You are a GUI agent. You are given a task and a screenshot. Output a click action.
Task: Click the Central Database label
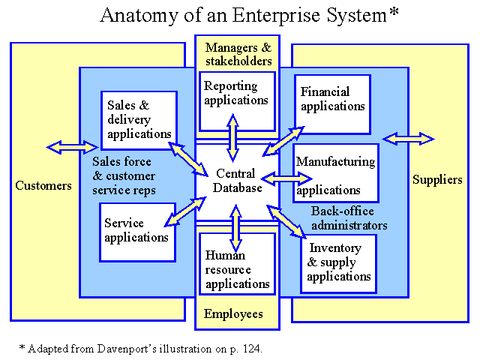pyautogui.click(x=237, y=181)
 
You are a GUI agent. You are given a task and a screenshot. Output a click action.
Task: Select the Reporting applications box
pyautogui.click(x=237, y=102)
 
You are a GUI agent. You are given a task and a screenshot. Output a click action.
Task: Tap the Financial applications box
pyautogui.click(x=333, y=104)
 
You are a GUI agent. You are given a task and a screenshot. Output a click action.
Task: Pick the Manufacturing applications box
pyautogui.click(x=336, y=173)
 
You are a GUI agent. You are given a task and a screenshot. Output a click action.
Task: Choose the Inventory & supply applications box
pyautogui.click(x=338, y=264)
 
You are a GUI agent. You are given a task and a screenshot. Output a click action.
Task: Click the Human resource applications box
pyautogui.click(x=237, y=264)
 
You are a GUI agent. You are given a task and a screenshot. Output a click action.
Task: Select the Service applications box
pyautogui.click(x=138, y=232)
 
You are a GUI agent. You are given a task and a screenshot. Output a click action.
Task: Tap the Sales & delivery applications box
pyautogui.click(x=139, y=120)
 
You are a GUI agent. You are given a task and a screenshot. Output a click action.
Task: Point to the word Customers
pyautogui.click(x=43, y=185)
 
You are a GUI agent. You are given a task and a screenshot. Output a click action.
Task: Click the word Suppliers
pyautogui.click(x=437, y=180)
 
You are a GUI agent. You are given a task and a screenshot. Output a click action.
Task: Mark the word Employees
pyautogui.click(x=233, y=314)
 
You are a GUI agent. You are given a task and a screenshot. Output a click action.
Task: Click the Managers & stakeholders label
pyautogui.click(x=238, y=54)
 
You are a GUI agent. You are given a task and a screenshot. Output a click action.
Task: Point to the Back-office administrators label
pyautogui.click(x=349, y=218)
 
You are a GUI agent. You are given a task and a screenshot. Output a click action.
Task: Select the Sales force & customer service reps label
pyautogui.click(x=124, y=175)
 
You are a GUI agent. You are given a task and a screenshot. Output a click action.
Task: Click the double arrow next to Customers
pyautogui.click(x=72, y=147)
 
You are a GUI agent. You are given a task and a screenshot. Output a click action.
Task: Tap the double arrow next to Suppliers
pyautogui.click(x=408, y=139)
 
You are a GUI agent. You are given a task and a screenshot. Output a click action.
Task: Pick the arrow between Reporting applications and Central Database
pyautogui.click(x=233, y=138)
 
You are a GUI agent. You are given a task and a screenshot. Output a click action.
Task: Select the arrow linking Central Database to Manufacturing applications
pyautogui.click(x=286, y=178)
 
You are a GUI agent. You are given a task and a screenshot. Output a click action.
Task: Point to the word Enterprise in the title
pyautogui.click(x=276, y=15)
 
